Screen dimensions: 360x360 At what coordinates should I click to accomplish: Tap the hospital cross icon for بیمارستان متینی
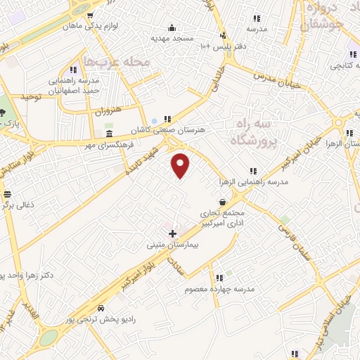coord(173,232)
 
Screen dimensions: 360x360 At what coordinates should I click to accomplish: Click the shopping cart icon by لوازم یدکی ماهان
coord(89,15)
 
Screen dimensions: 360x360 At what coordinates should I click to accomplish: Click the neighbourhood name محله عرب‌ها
coord(117,62)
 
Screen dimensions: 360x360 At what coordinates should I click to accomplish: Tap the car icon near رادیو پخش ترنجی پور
coord(102,308)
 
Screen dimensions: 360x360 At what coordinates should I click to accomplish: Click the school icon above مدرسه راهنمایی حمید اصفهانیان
coord(73,70)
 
